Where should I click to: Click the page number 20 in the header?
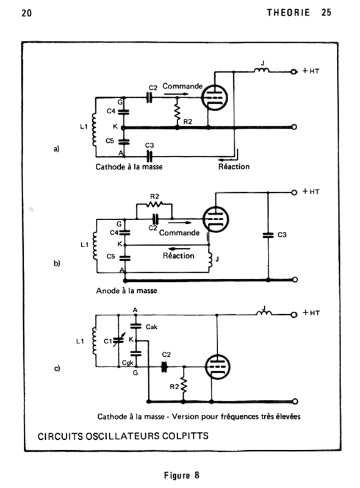[x=26, y=13]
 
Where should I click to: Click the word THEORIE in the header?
[x=289, y=12]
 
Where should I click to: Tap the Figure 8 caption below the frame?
[x=182, y=475]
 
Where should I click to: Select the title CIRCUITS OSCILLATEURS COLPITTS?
[x=123, y=436]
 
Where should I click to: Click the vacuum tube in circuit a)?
[x=214, y=98]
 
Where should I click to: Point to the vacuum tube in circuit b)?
[x=215, y=219]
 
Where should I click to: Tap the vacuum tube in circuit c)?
[x=217, y=367]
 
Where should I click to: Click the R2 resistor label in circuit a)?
[x=187, y=121]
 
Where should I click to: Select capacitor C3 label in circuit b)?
[x=282, y=235]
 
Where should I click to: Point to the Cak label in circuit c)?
[x=151, y=327]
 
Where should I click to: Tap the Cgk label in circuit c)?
[x=128, y=363]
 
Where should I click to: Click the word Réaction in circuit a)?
[x=234, y=167]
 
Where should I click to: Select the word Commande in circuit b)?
[x=179, y=233]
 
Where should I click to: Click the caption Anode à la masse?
[x=126, y=291]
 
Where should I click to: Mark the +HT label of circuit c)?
[x=311, y=312]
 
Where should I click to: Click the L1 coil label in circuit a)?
[x=84, y=127]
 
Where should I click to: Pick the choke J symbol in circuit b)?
[x=211, y=259]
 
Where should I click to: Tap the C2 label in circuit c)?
[x=167, y=354]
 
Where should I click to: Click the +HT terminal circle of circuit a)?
[x=293, y=72]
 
